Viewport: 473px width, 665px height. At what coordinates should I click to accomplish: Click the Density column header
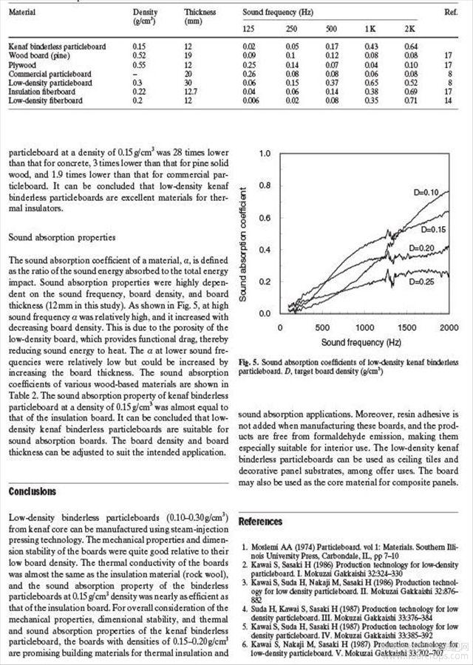tap(145, 13)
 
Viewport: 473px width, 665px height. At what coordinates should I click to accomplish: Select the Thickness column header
tap(200, 13)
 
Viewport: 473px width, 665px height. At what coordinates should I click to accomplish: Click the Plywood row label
tap(24, 65)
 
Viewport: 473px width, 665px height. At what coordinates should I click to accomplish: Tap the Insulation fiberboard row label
tap(41, 91)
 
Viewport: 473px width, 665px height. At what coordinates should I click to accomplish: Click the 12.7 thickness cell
tap(194, 91)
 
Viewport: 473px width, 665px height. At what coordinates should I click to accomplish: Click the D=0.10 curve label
tap(426, 192)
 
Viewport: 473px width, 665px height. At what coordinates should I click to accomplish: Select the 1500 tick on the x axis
tap(405, 327)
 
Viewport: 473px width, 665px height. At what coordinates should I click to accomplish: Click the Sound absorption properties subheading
tap(62, 239)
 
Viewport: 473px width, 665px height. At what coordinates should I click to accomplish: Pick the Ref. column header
tap(451, 13)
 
